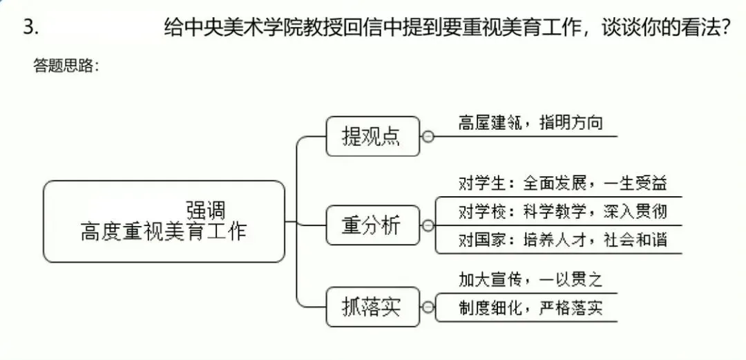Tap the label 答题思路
(66, 66)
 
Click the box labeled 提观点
(372, 136)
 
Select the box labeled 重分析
(372, 225)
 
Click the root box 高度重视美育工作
(164, 222)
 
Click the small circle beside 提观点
(428, 137)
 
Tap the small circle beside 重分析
(428, 225)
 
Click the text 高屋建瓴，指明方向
(530, 123)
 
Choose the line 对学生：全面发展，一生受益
(562, 184)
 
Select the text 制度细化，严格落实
(530, 306)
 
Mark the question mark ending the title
(725, 28)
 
